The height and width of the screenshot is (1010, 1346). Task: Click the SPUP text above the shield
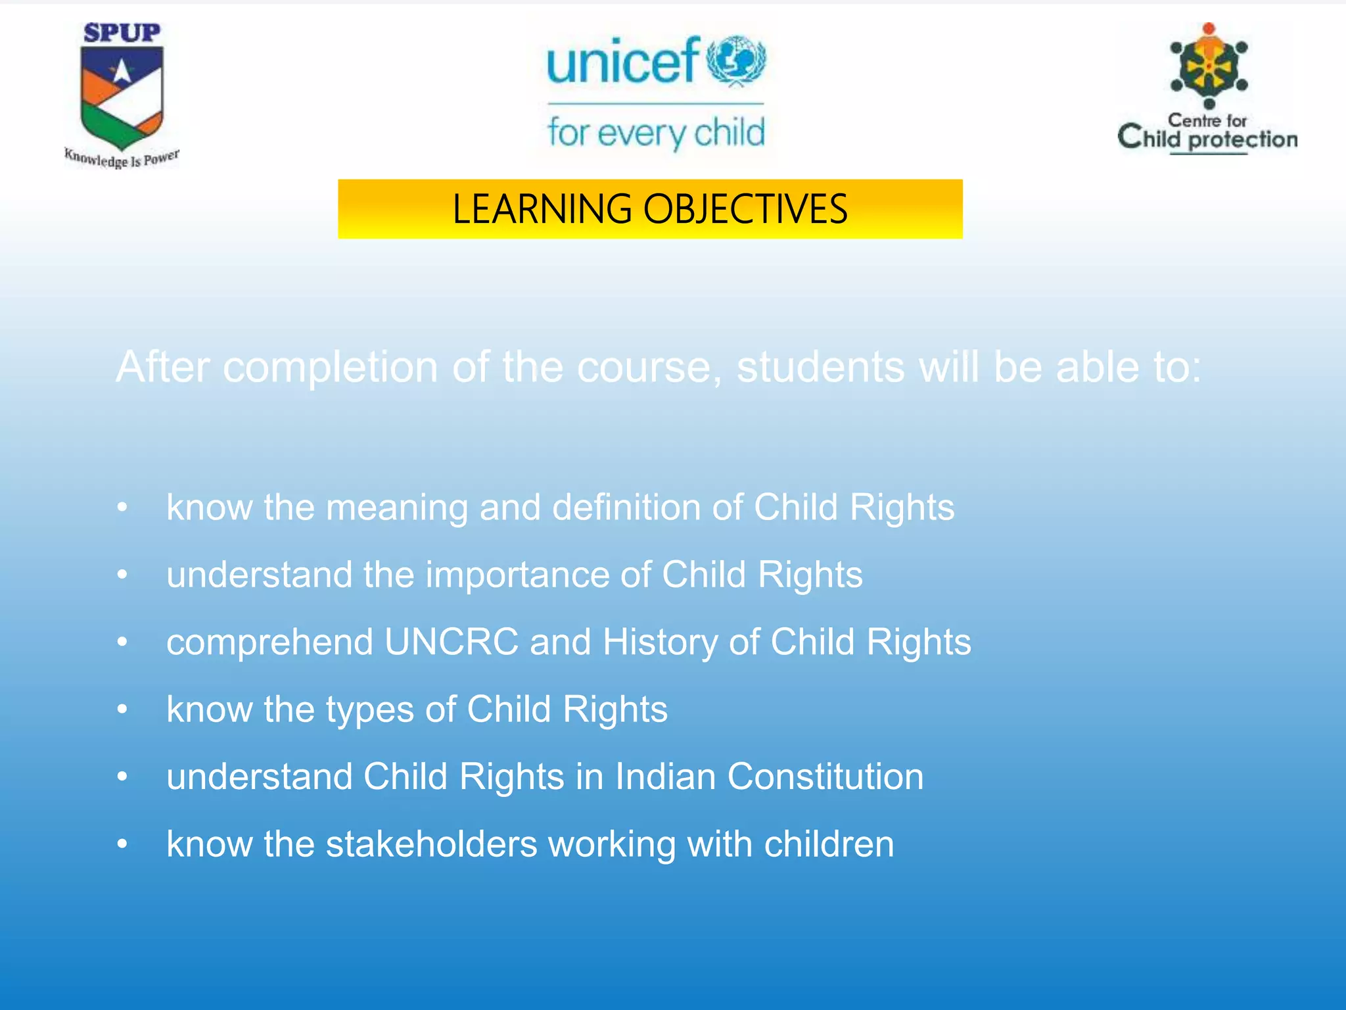point(122,33)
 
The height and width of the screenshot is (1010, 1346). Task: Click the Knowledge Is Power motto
point(122,158)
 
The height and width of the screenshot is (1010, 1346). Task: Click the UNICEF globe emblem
point(736,61)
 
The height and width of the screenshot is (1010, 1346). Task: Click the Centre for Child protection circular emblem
point(1209,66)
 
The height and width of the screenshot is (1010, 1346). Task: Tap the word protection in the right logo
point(1243,139)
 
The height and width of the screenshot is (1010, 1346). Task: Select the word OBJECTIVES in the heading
point(745,209)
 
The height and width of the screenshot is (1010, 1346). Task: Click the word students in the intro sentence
point(821,367)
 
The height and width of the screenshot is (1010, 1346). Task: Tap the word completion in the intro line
point(331,367)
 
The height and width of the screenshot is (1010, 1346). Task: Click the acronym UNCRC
point(452,642)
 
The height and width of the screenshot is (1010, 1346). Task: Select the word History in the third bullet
point(660,642)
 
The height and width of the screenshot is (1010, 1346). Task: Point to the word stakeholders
point(431,844)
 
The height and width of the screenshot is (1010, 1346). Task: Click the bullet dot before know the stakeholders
point(122,844)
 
